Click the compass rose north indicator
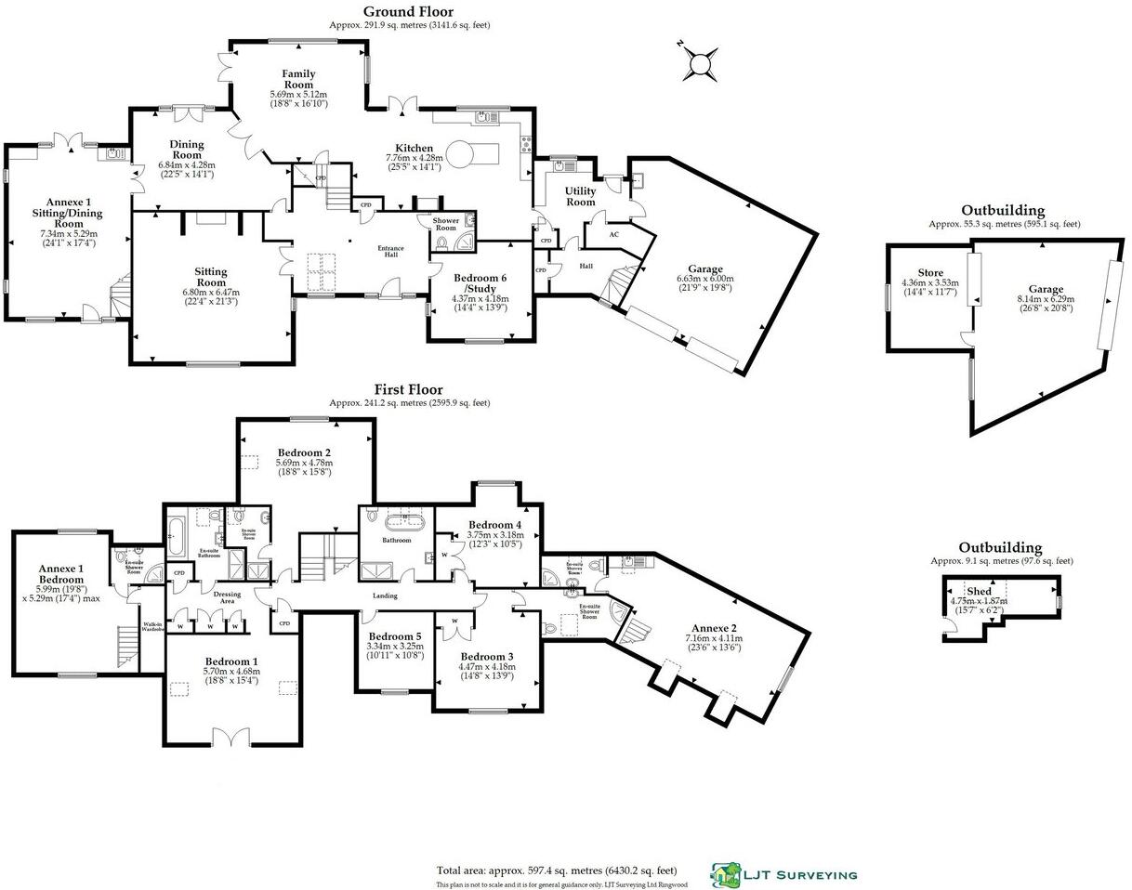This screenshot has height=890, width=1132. [698, 65]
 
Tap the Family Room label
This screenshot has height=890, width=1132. [299, 79]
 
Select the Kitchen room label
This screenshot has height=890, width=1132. [414, 148]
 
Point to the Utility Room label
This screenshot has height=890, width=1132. [581, 196]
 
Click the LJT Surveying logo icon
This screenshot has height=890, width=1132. [726, 873]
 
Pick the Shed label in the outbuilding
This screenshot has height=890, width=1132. [979, 591]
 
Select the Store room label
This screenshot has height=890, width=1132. [930, 272]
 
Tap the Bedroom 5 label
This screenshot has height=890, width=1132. [395, 636]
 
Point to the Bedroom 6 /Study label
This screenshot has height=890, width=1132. [481, 282]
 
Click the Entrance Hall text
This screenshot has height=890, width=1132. [390, 252]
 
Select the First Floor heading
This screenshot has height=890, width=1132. [409, 389]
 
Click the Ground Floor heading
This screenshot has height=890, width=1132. [409, 11]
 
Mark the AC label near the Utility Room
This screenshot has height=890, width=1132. [613, 234]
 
